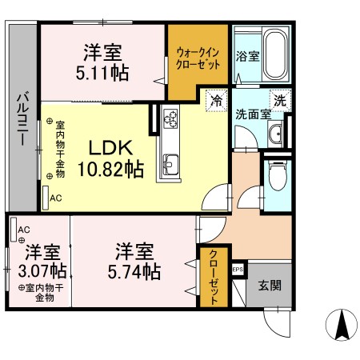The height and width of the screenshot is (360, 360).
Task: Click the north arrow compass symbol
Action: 341,325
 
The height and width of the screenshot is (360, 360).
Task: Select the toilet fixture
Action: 278,175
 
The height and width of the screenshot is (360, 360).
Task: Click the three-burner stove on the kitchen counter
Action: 170,118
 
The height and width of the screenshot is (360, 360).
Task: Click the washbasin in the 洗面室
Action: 275,134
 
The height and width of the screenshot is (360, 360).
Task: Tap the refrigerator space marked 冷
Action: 216,101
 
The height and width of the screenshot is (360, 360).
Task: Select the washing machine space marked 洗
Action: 280,101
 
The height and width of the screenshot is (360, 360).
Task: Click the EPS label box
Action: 238,270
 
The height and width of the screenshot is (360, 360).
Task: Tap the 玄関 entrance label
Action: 270,286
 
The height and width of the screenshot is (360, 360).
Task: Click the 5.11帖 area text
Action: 102,73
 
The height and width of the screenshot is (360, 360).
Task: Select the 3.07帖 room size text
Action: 42,270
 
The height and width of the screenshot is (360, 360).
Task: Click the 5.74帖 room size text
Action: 134,271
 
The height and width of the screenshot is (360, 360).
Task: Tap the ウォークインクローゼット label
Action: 198,58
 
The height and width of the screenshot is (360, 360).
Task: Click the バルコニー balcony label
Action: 23,118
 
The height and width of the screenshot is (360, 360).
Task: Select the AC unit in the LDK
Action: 46,198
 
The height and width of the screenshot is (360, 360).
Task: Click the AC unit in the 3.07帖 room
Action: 14,230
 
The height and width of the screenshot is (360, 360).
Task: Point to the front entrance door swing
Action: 277,322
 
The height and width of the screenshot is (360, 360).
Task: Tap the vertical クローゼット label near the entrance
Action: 214,278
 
